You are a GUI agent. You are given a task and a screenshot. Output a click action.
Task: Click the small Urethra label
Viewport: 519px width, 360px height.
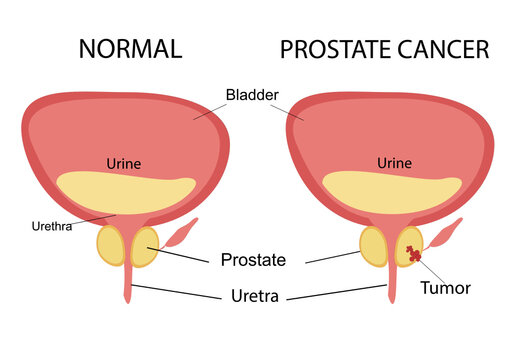pyautogui.click(x=52, y=225)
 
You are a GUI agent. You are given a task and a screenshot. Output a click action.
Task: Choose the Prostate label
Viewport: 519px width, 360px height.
pyautogui.click(x=253, y=260)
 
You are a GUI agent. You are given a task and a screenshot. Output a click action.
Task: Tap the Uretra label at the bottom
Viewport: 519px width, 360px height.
pyautogui.click(x=254, y=295)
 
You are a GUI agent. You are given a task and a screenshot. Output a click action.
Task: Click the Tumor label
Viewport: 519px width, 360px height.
pyautogui.click(x=445, y=288)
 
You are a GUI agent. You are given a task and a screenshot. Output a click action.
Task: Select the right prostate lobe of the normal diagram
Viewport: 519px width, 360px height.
pyautogui.click(x=144, y=246)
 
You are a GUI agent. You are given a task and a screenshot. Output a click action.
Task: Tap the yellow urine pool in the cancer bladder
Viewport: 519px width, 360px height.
pyautogui.click(x=394, y=191)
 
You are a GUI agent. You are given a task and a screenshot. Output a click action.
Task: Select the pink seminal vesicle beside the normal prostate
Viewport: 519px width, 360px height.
pyautogui.click(x=180, y=234)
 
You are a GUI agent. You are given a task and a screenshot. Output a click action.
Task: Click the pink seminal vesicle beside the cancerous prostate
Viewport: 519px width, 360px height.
pyautogui.click(x=446, y=235)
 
